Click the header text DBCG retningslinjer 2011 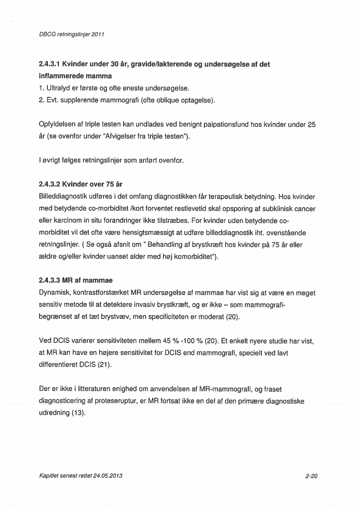coord(70,34)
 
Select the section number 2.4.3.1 coord(49,65)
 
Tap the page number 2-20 coord(311,476)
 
